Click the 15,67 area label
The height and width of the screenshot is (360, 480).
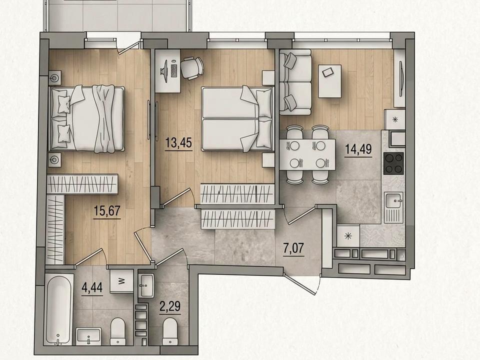pos(107,211)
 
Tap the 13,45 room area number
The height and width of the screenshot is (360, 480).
pos(178,142)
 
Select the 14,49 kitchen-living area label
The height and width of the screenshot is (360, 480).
pos(358,149)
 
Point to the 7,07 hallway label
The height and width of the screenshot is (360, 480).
pos(293,248)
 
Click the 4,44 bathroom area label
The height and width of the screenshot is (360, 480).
pos(92,288)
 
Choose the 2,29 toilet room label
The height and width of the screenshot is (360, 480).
pos(169,306)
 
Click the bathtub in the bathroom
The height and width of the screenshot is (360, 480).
pos(59,310)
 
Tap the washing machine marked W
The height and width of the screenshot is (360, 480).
pos(121,281)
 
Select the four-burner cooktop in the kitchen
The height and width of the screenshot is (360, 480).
pos(393,163)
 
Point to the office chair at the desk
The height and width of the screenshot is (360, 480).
pos(192,68)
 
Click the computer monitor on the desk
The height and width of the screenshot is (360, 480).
pos(164,71)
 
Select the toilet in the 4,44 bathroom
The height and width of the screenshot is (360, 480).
pos(118,331)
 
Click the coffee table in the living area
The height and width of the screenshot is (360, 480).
pos(330,81)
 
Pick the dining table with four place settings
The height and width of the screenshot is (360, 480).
pos(307,154)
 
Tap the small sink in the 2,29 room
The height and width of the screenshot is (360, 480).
pos(146,285)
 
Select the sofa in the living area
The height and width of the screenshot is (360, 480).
pos(295,82)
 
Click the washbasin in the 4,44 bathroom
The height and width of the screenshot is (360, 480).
pos(88,336)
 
